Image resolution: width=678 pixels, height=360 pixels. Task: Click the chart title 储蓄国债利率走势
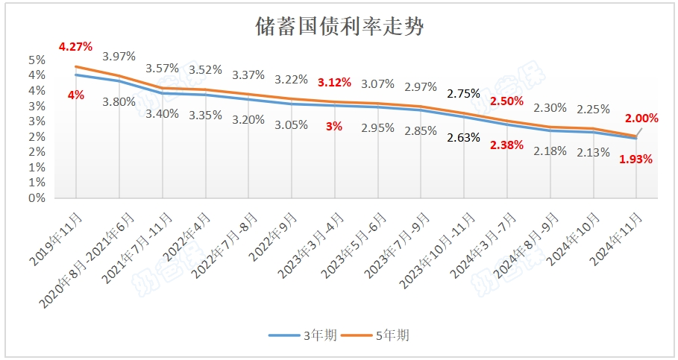pyautogui.click(x=339, y=28)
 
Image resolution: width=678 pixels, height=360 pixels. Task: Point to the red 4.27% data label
pyautogui.click(x=75, y=46)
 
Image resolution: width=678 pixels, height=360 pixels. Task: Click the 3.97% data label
pyautogui.click(x=119, y=56)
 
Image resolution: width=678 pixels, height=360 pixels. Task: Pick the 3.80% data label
pyautogui.click(x=119, y=101)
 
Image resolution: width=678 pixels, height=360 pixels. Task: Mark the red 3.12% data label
pyautogui.click(x=333, y=82)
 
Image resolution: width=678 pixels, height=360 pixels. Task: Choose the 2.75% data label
pyautogui.click(x=462, y=94)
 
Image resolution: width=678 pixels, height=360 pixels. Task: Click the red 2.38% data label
pyautogui.click(x=507, y=145)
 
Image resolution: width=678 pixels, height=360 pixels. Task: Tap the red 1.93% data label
pyautogui.click(x=636, y=159)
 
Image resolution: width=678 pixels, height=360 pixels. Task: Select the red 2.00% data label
pyautogui.click(x=641, y=118)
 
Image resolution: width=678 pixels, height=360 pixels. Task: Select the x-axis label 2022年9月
pyautogui.click(x=271, y=235)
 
